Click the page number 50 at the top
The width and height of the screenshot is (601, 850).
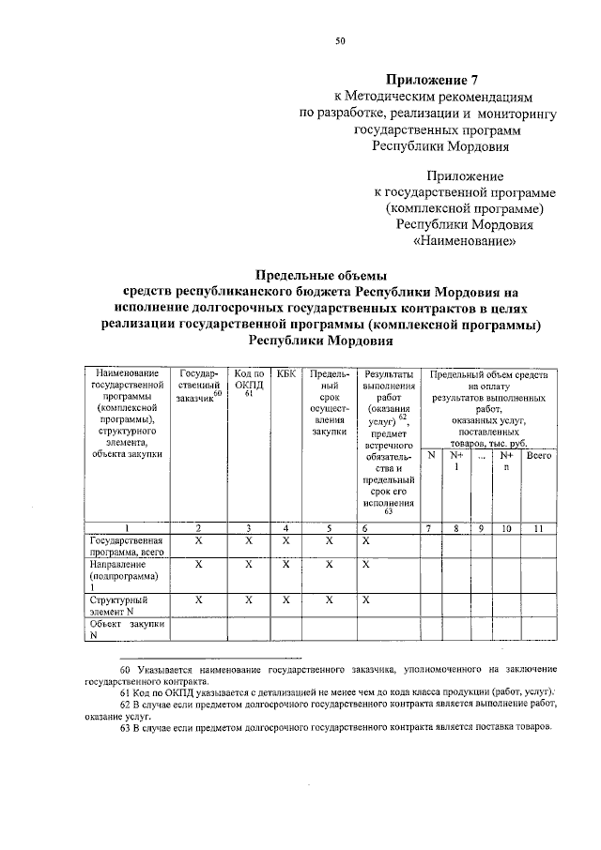click(x=340, y=41)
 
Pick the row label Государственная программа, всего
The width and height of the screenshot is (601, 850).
click(x=127, y=547)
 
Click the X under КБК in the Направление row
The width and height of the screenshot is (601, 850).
click(x=286, y=565)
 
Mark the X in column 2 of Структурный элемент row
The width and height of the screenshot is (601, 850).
click(x=198, y=598)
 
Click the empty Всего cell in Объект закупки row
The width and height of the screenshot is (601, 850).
click(x=538, y=628)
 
